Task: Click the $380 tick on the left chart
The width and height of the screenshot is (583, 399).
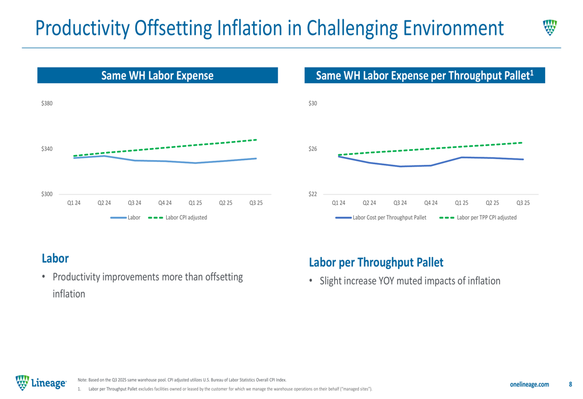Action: click(47, 104)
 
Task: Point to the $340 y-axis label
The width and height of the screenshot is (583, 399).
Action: click(47, 149)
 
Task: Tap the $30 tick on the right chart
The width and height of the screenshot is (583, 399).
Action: click(313, 104)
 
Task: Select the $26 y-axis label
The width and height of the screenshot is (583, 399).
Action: click(313, 149)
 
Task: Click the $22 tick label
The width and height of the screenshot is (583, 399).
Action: click(313, 194)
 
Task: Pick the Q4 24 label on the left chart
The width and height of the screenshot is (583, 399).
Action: click(165, 203)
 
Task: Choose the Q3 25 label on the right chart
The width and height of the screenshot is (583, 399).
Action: click(523, 203)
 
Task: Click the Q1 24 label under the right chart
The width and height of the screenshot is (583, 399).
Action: click(338, 203)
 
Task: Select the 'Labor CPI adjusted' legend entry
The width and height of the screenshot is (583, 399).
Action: click(185, 217)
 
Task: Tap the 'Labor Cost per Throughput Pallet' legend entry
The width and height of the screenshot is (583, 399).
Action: click(390, 217)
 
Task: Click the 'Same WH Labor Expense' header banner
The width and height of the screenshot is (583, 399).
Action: click(157, 75)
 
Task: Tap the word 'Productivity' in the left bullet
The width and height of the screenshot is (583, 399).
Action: click(79, 276)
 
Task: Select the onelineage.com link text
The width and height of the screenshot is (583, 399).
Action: click(529, 384)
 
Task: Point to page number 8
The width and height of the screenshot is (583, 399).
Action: click(570, 384)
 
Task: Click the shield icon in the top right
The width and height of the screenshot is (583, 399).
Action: click(550, 27)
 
